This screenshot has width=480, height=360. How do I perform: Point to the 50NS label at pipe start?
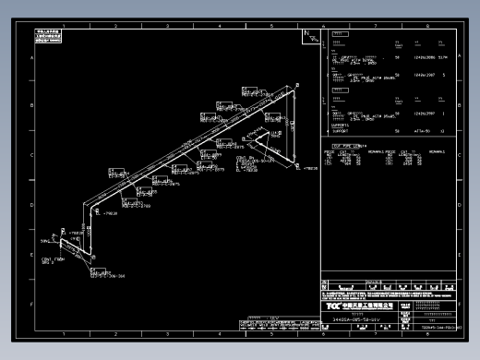(45, 241)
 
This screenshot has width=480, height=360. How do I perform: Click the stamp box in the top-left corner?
(49, 36)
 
